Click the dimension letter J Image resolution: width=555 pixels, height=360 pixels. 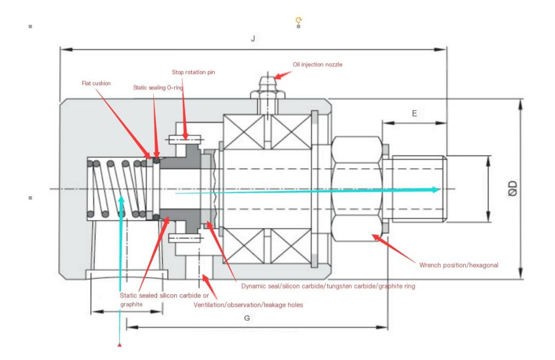click(253, 40)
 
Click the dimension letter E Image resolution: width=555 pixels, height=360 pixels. click(414, 114)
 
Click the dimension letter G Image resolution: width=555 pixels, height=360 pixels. click(247, 318)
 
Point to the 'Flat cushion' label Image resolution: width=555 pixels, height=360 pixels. click(96, 84)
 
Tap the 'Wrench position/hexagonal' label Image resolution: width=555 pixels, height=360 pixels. click(459, 265)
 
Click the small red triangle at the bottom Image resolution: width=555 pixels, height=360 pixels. click(119, 345)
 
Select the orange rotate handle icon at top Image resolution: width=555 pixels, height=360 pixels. click(298, 21)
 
